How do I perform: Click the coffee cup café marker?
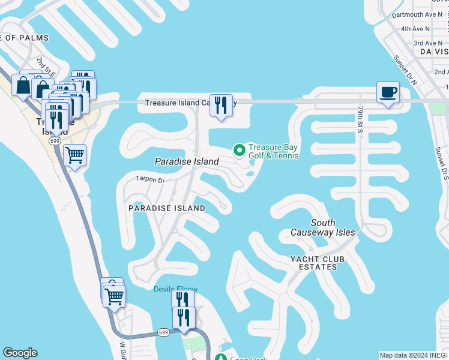(388, 92)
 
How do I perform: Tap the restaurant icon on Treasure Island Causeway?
(221, 106)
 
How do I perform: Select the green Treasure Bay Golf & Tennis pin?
(239, 150)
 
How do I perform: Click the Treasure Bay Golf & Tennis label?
(273, 152)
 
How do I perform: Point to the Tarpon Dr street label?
(149, 179)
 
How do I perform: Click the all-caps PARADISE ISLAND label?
(167, 208)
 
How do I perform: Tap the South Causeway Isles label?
(323, 227)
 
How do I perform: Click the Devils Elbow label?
(175, 289)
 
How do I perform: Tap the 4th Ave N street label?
(415, 29)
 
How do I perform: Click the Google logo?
(20, 353)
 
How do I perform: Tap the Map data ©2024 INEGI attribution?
(414, 355)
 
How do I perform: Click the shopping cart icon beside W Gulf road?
(114, 295)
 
